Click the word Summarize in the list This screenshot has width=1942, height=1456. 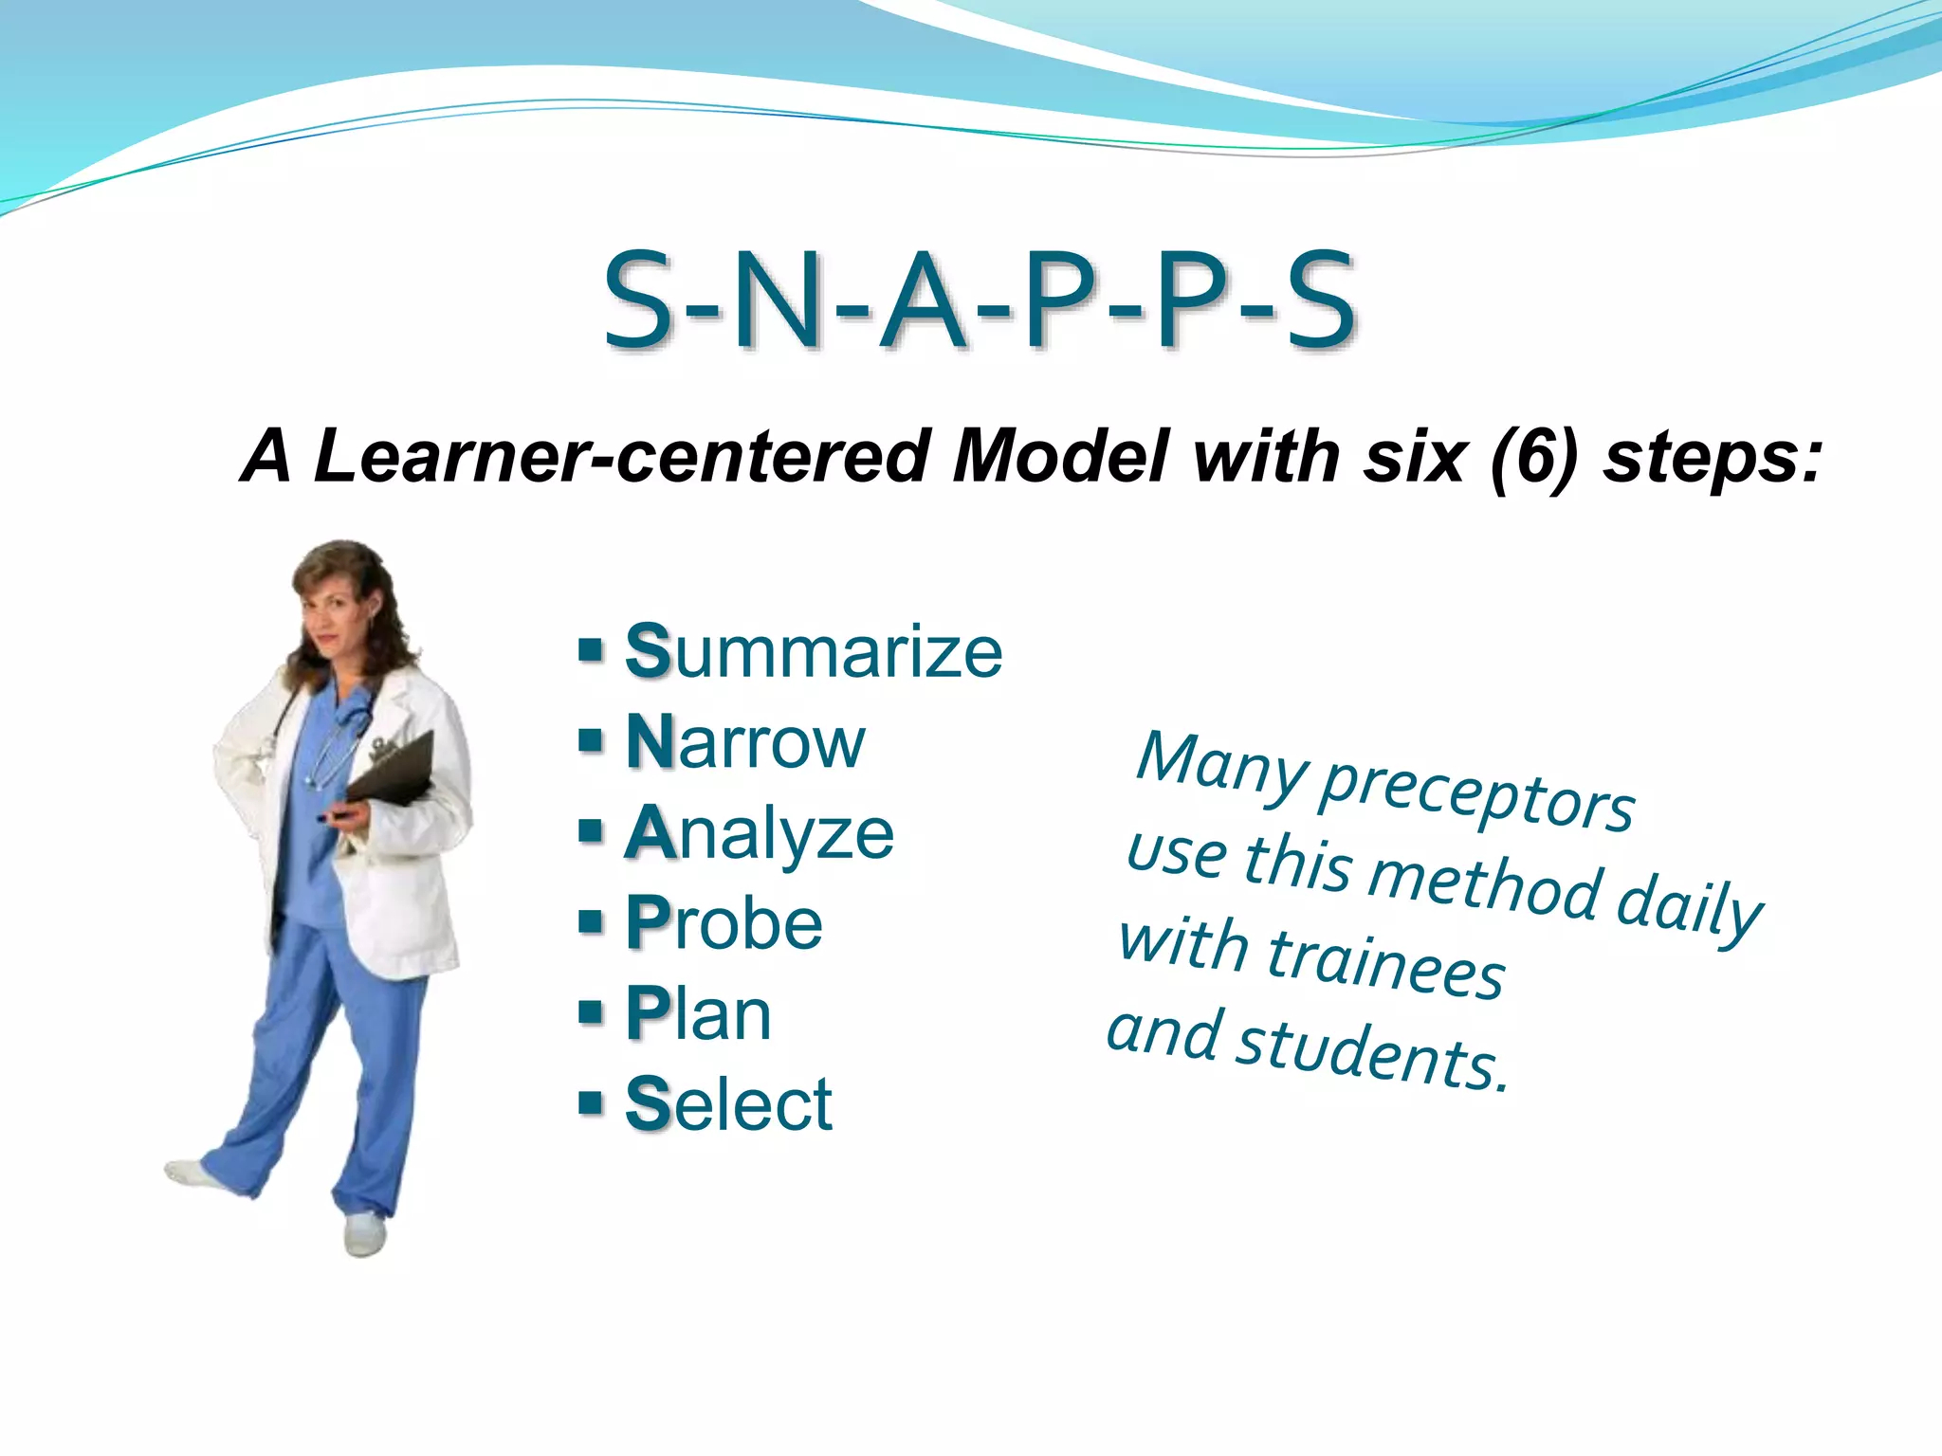click(x=814, y=651)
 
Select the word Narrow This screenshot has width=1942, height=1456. click(x=745, y=742)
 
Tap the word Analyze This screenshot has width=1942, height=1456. click(x=760, y=833)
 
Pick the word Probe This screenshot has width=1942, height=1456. click(x=724, y=923)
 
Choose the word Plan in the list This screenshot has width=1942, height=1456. click(x=699, y=1013)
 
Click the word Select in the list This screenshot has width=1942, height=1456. click(x=728, y=1104)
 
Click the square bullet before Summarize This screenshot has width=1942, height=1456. click(x=591, y=651)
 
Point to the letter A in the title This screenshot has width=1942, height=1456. click(x=923, y=300)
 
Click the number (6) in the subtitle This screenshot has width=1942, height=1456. click(x=1533, y=457)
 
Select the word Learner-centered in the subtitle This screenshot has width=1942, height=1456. click(x=621, y=457)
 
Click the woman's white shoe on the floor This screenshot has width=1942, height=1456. click(x=364, y=1235)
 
